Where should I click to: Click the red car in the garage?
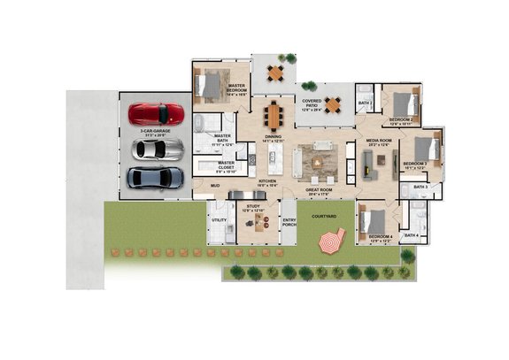tap(156, 114)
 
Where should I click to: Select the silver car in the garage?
tap(156, 149)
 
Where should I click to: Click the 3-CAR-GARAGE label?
tap(155, 134)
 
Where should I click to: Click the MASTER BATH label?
tap(222, 137)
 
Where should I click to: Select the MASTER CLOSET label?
tap(226, 164)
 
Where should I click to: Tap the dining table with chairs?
tap(274, 113)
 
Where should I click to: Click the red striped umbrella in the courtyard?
tap(332, 240)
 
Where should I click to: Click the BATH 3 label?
tap(420, 188)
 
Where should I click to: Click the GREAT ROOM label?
tap(320, 189)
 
